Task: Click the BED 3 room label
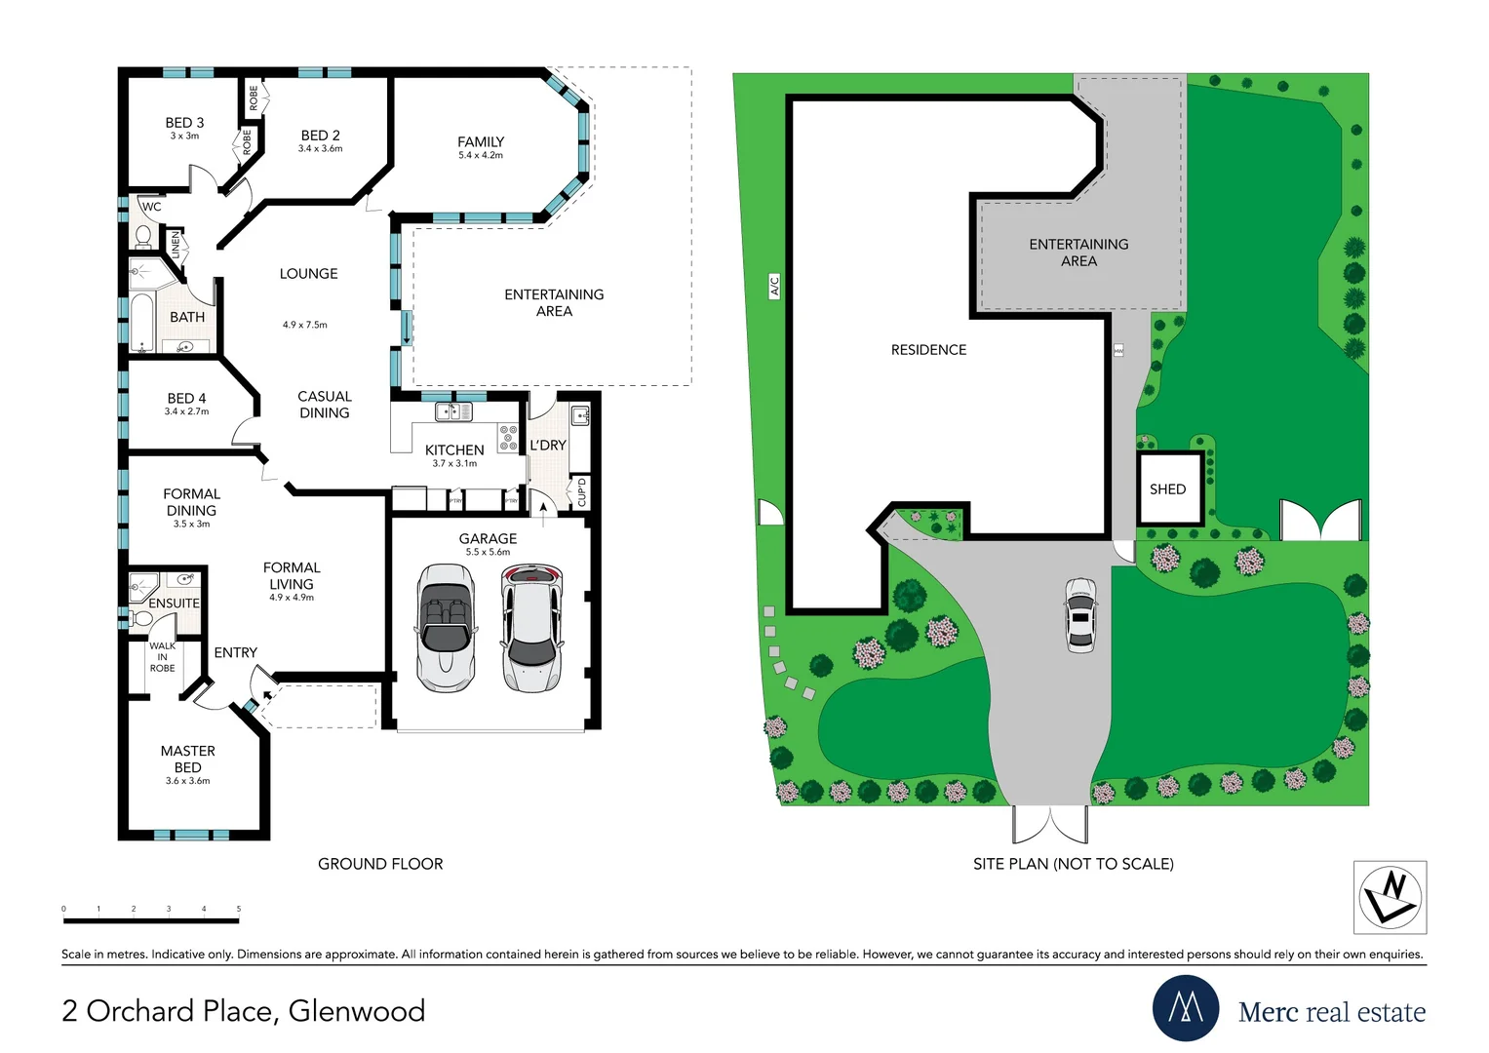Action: pos(184,123)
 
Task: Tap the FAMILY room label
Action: pos(481,142)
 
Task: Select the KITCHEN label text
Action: pos(454,450)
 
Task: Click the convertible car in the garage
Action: pos(447,628)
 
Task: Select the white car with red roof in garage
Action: pos(530,628)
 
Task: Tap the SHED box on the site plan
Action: pos(1168,489)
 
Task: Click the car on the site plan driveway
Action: pos(1080,615)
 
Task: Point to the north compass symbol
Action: pos(1391,897)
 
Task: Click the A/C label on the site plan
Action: pos(775,286)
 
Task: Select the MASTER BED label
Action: pos(187,760)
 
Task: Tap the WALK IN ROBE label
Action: pos(162,657)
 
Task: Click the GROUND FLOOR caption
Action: pos(380,864)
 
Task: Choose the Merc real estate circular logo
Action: pos(1186,1008)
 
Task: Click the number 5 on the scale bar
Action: pos(239,909)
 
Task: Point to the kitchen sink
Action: pos(453,411)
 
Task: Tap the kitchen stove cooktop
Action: pos(508,438)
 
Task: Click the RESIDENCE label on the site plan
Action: pos(928,350)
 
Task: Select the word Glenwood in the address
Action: pos(357,1011)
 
